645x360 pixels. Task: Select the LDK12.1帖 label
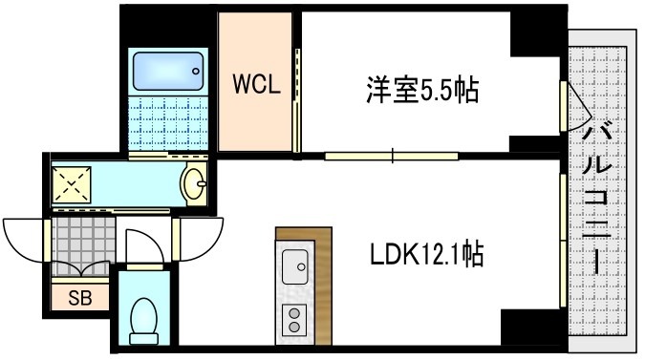(426, 255)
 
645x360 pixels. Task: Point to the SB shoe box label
(80, 297)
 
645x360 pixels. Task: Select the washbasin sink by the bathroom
(194, 181)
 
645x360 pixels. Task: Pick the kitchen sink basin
(292, 263)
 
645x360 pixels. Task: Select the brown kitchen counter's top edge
(305, 233)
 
